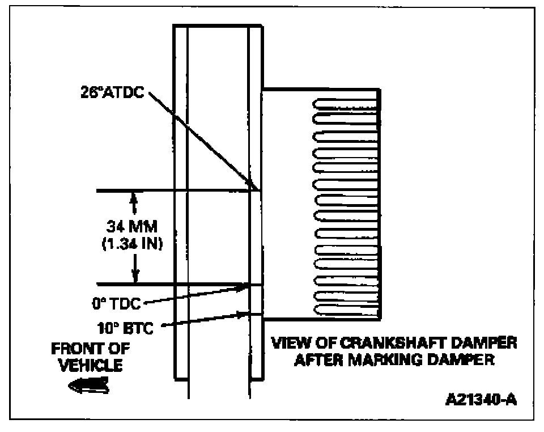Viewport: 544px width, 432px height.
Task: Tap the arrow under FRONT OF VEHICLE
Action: click(x=87, y=385)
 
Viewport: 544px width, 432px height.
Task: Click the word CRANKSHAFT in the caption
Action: click(x=388, y=344)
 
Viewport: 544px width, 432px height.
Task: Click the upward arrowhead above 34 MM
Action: click(x=134, y=197)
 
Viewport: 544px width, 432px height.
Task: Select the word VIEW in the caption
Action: click(x=290, y=344)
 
